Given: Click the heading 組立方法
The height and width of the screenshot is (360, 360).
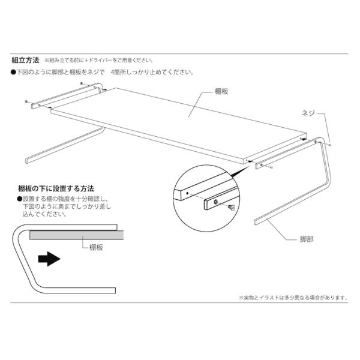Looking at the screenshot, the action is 25,60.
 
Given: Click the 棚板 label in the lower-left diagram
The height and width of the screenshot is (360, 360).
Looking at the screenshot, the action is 89,247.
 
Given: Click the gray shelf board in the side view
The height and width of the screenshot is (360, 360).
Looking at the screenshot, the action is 72,236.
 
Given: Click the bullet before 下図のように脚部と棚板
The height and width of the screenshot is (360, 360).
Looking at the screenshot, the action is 13,73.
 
